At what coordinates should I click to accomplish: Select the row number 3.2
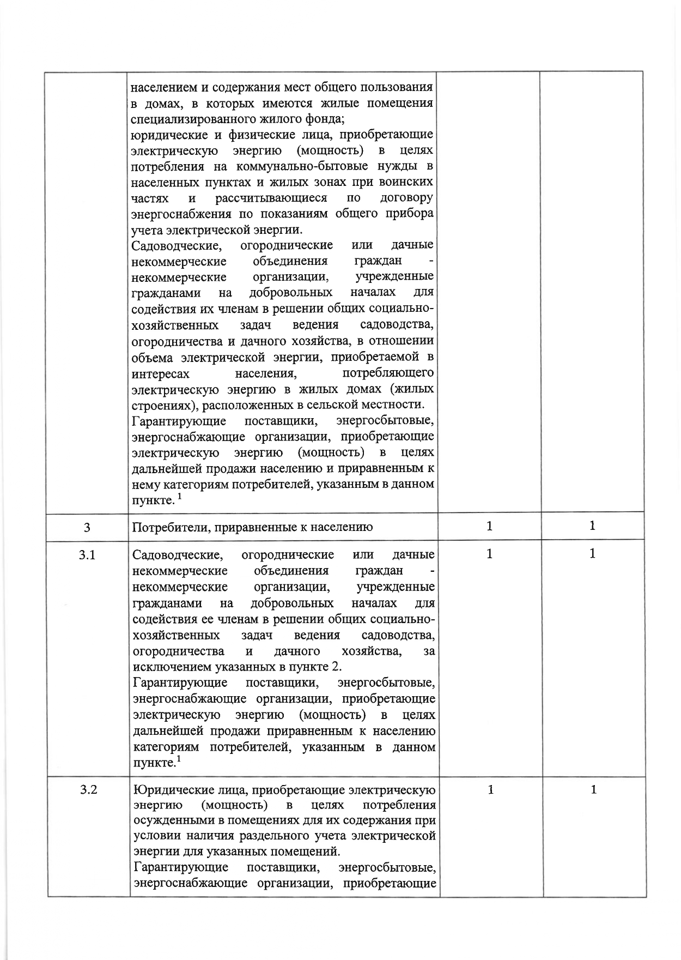[88, 790]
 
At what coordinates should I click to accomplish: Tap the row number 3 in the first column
[87, 527]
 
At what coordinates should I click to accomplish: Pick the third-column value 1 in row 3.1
[490, 554]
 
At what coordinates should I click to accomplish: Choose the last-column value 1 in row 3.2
[594, 789]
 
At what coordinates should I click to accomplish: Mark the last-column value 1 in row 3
[592, 526]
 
